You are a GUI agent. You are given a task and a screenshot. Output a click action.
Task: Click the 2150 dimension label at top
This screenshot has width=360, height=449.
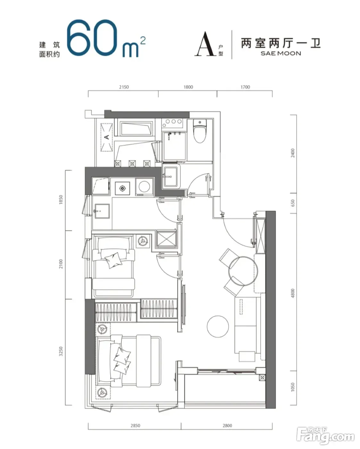[124, 87]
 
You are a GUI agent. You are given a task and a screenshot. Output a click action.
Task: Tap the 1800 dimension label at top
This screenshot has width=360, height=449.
[188, 87]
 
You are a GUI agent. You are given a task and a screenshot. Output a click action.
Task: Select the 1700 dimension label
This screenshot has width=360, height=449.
[245, 87]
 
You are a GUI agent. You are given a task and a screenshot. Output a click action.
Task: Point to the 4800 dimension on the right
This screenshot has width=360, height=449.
[293, 293]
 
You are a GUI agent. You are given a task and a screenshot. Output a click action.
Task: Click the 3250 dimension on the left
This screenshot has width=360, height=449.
[61, 351]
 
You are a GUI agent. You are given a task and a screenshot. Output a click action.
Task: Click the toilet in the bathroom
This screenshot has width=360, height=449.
[200, 131]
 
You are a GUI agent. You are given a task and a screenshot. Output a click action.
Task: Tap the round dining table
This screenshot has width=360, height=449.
[243, 271]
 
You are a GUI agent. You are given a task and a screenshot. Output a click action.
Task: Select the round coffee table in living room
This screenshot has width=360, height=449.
[218, 326]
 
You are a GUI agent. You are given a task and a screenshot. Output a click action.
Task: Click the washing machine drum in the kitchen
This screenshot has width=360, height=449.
[144, 186]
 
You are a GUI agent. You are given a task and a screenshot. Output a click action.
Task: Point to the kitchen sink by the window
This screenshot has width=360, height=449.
[102, 211]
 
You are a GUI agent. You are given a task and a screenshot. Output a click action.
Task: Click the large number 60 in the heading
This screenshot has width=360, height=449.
[92, 38]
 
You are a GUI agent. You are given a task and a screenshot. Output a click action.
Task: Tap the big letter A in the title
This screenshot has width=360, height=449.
[205, 44]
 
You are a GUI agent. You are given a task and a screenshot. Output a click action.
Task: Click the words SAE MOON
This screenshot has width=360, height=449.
[281, 54]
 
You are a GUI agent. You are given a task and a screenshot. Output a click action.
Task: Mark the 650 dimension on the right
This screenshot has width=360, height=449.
[293, 203]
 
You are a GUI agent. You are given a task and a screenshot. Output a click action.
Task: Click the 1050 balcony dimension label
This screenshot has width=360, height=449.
[293, 387]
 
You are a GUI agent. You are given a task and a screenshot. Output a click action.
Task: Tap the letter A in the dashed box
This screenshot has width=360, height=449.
[107, 137]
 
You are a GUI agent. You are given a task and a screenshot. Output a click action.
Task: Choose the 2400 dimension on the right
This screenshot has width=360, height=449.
[293, 153]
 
